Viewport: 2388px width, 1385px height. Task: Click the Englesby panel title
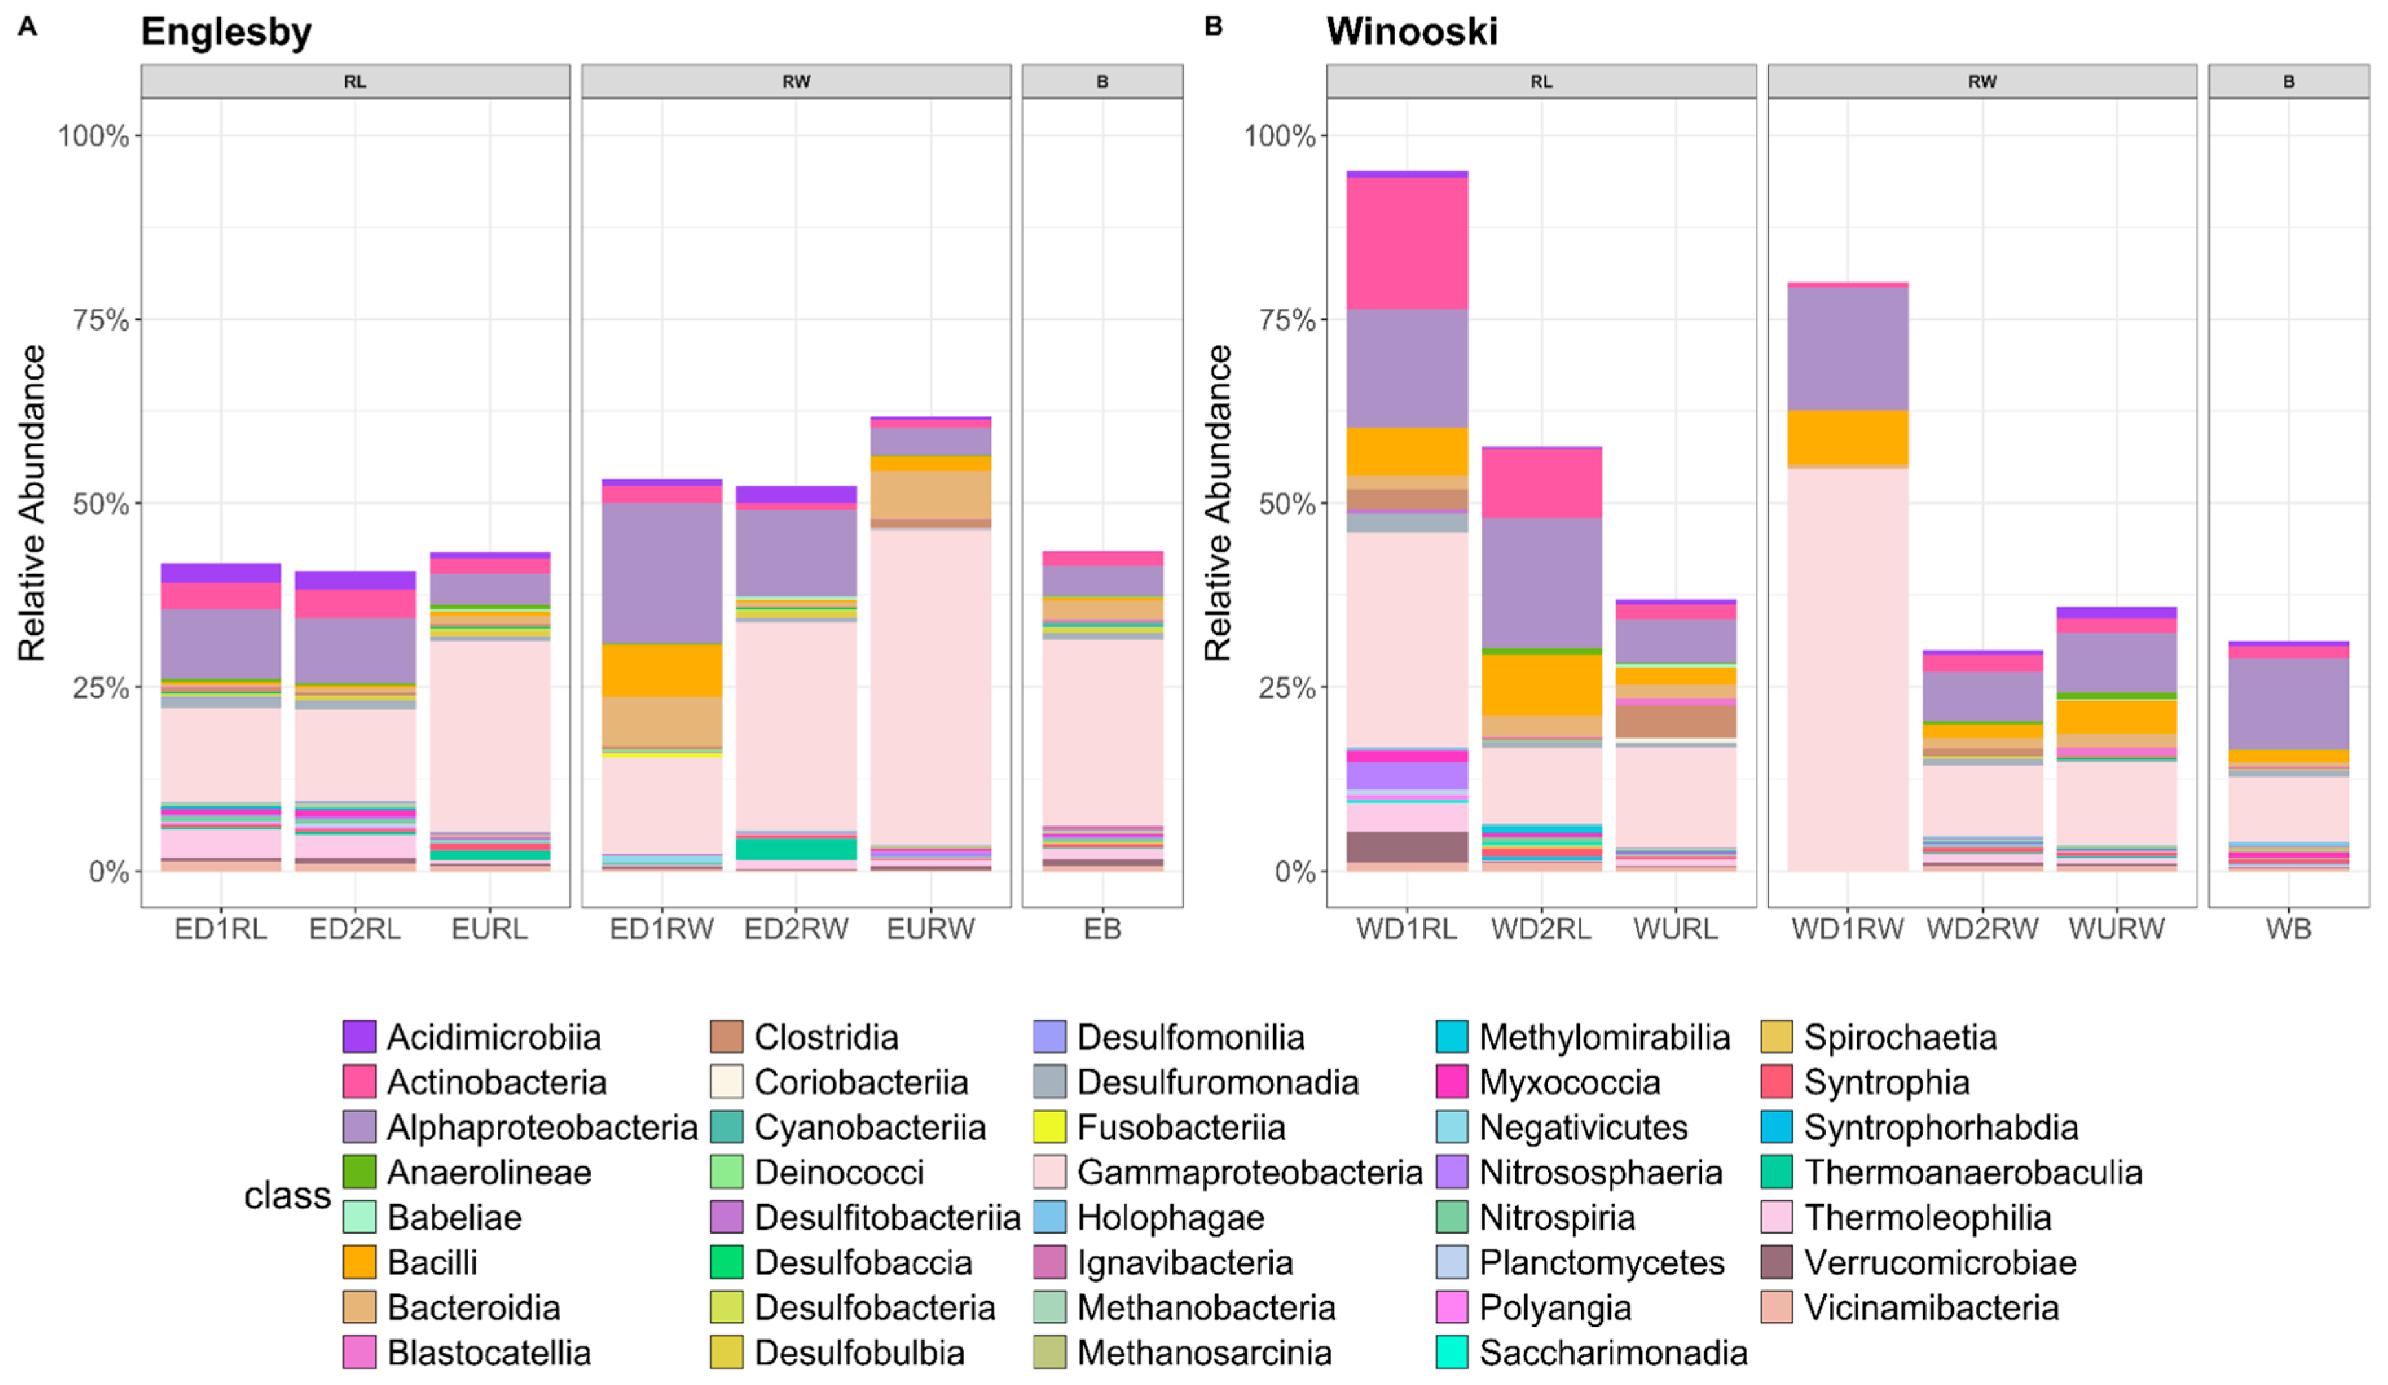(226, 32)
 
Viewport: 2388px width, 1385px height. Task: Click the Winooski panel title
(1411, 32)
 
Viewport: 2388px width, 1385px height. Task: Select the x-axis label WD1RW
(1847, 928)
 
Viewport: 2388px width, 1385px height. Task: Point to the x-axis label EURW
(930, 928)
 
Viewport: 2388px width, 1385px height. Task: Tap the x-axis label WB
(2288, 928)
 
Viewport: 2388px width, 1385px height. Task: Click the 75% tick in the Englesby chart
(100, 320)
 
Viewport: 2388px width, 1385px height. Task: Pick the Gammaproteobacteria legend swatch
(1049, 1172)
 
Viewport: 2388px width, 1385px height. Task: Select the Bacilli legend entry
(432, 1262)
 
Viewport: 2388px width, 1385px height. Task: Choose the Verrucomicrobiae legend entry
(1939, 1262)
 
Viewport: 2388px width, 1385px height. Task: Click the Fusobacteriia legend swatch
(1049, 1126)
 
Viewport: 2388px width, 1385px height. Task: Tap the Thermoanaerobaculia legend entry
(1972, 1172)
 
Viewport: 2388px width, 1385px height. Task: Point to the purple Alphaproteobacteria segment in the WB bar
(2288, 703)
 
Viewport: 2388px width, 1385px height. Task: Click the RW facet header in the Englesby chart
(796, 82)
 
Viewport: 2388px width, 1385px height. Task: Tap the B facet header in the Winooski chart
(2288, 82)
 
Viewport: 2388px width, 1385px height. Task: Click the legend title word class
(287, 1195)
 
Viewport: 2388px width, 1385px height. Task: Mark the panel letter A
(28, 27)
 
